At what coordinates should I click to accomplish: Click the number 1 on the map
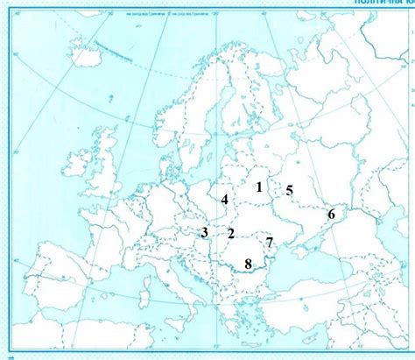coord(259,186)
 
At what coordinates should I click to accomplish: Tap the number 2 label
coord(231,233)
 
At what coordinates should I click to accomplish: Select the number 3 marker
coord(204,232)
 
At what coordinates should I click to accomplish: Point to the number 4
coord(225,200)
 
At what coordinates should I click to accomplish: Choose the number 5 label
coord(290,190)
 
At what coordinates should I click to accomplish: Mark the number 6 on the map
coord(331,214)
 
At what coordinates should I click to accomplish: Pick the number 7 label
coord(270,242)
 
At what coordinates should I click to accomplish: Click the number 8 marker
coord(249,263)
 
